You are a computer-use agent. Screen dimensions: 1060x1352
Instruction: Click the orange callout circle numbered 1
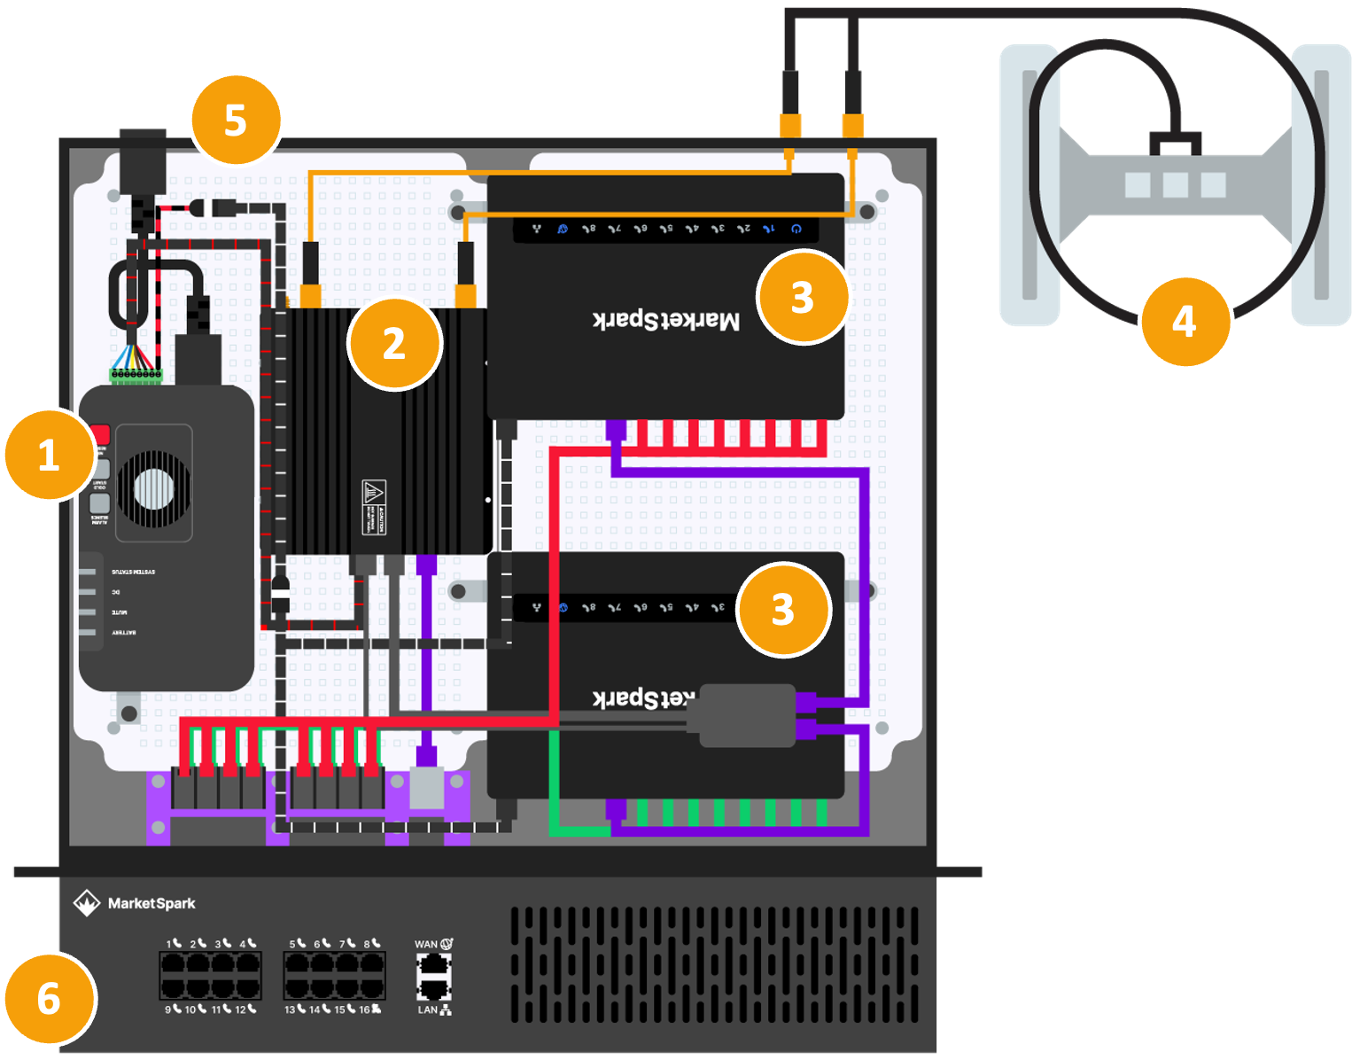pos(49,456)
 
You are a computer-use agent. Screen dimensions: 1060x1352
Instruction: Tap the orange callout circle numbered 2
pos(394,344)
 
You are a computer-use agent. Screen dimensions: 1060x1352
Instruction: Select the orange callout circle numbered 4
pos(1185,322)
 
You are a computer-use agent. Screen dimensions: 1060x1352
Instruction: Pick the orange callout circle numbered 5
pos(235,120)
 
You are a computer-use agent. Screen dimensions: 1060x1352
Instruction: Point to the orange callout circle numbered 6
pos(49,999)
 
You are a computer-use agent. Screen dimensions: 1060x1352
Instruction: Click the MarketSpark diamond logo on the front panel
pos(86,903)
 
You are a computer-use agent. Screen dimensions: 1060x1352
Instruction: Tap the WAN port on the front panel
pos(434,965)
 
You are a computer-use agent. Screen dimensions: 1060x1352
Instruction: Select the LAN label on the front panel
pos(427,1009)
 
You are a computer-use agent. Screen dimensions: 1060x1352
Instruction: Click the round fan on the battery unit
pos(154,485)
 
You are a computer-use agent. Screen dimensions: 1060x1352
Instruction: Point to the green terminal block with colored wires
pos(136,376)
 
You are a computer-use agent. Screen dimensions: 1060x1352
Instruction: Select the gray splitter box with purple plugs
pos(748,715)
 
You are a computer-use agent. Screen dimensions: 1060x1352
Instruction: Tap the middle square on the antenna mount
pos(1175,185)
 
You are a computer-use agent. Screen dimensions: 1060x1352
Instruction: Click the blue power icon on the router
pos(796,229)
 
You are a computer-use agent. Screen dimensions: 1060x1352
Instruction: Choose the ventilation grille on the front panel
pos(714,964)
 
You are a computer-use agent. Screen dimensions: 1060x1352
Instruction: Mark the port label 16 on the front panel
pos(364,1009)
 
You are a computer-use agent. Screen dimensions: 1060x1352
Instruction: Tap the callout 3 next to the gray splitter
pos(782,610)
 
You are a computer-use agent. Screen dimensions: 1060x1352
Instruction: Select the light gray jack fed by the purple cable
pos(426,788)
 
